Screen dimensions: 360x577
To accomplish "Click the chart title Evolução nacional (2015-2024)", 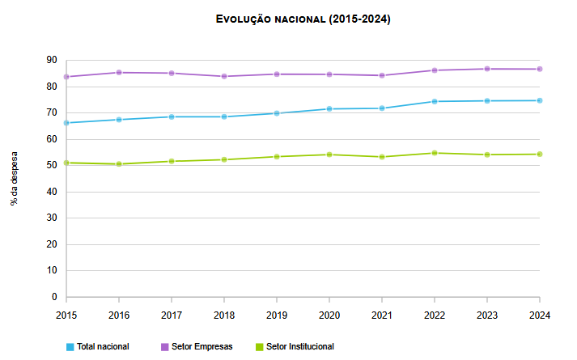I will (x=303, y=19).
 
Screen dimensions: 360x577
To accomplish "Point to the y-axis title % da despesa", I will (x=15, y=178).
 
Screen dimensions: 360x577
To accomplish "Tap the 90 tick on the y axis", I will (x=51, y=61).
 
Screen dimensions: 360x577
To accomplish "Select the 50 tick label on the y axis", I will (x=51, y=166).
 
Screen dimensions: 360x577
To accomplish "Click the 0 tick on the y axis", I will (x=53, y=297).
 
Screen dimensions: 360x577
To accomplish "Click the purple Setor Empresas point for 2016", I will (x=119, y=73).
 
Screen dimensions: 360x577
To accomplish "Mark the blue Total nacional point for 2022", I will (x=435, y=101).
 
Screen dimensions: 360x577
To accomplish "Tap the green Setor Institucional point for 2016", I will (x=119, y=164).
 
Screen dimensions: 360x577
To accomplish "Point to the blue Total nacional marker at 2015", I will (x=66, y=123).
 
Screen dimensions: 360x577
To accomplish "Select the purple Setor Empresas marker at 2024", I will (x=540, y=69).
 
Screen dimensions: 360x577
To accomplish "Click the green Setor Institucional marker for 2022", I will (x=435, y=153).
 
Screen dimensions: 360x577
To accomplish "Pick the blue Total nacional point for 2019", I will (x=277, y=113).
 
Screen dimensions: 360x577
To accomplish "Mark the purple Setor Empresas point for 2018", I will (x=224, y=76).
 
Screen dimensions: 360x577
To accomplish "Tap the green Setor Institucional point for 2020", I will (x=329, y=155).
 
